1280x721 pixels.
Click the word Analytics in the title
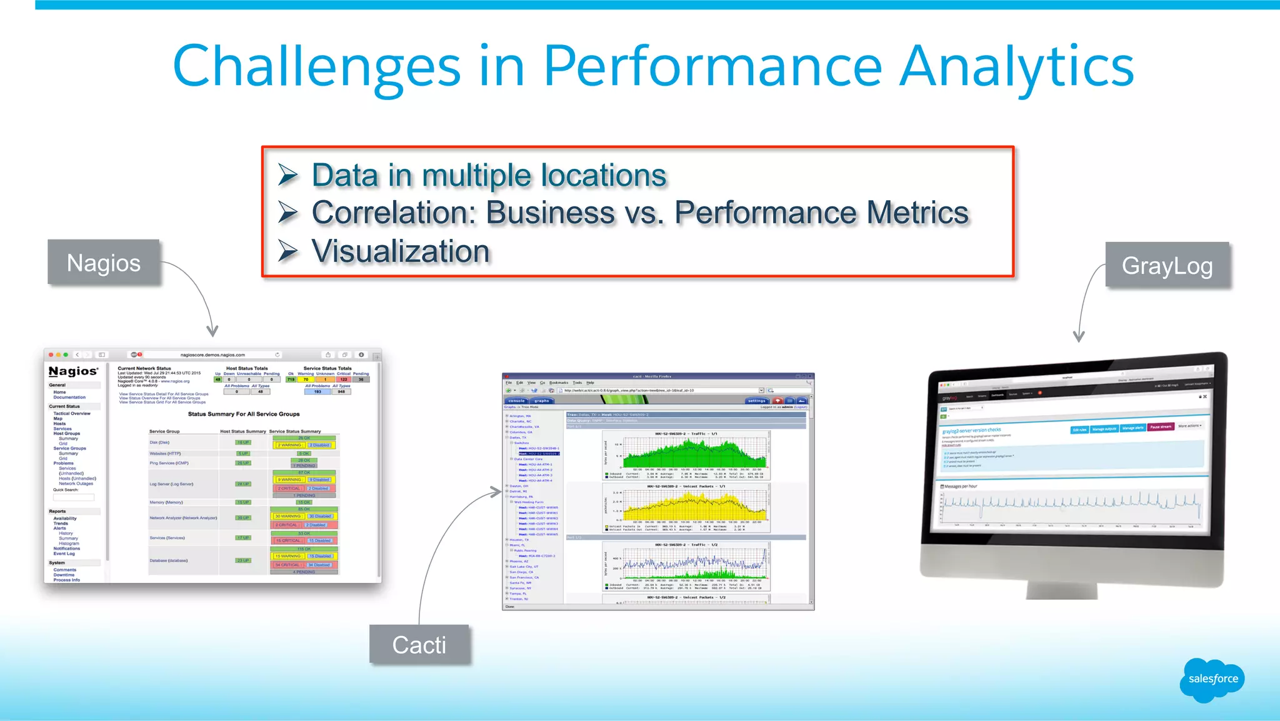1016,67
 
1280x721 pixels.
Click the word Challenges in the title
316,67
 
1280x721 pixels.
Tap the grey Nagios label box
104,263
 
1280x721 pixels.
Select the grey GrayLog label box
1167,266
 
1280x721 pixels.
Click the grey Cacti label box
419,645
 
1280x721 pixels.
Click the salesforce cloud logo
1212,679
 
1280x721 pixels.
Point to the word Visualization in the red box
400,251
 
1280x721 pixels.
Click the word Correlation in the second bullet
394,213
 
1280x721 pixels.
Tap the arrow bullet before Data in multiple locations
288,175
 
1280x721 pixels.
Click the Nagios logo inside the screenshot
73,371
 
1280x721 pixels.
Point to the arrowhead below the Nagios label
212,331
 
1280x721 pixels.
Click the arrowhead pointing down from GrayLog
1079,336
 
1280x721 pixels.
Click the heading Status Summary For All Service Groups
244,414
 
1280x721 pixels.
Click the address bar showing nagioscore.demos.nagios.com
212,355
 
